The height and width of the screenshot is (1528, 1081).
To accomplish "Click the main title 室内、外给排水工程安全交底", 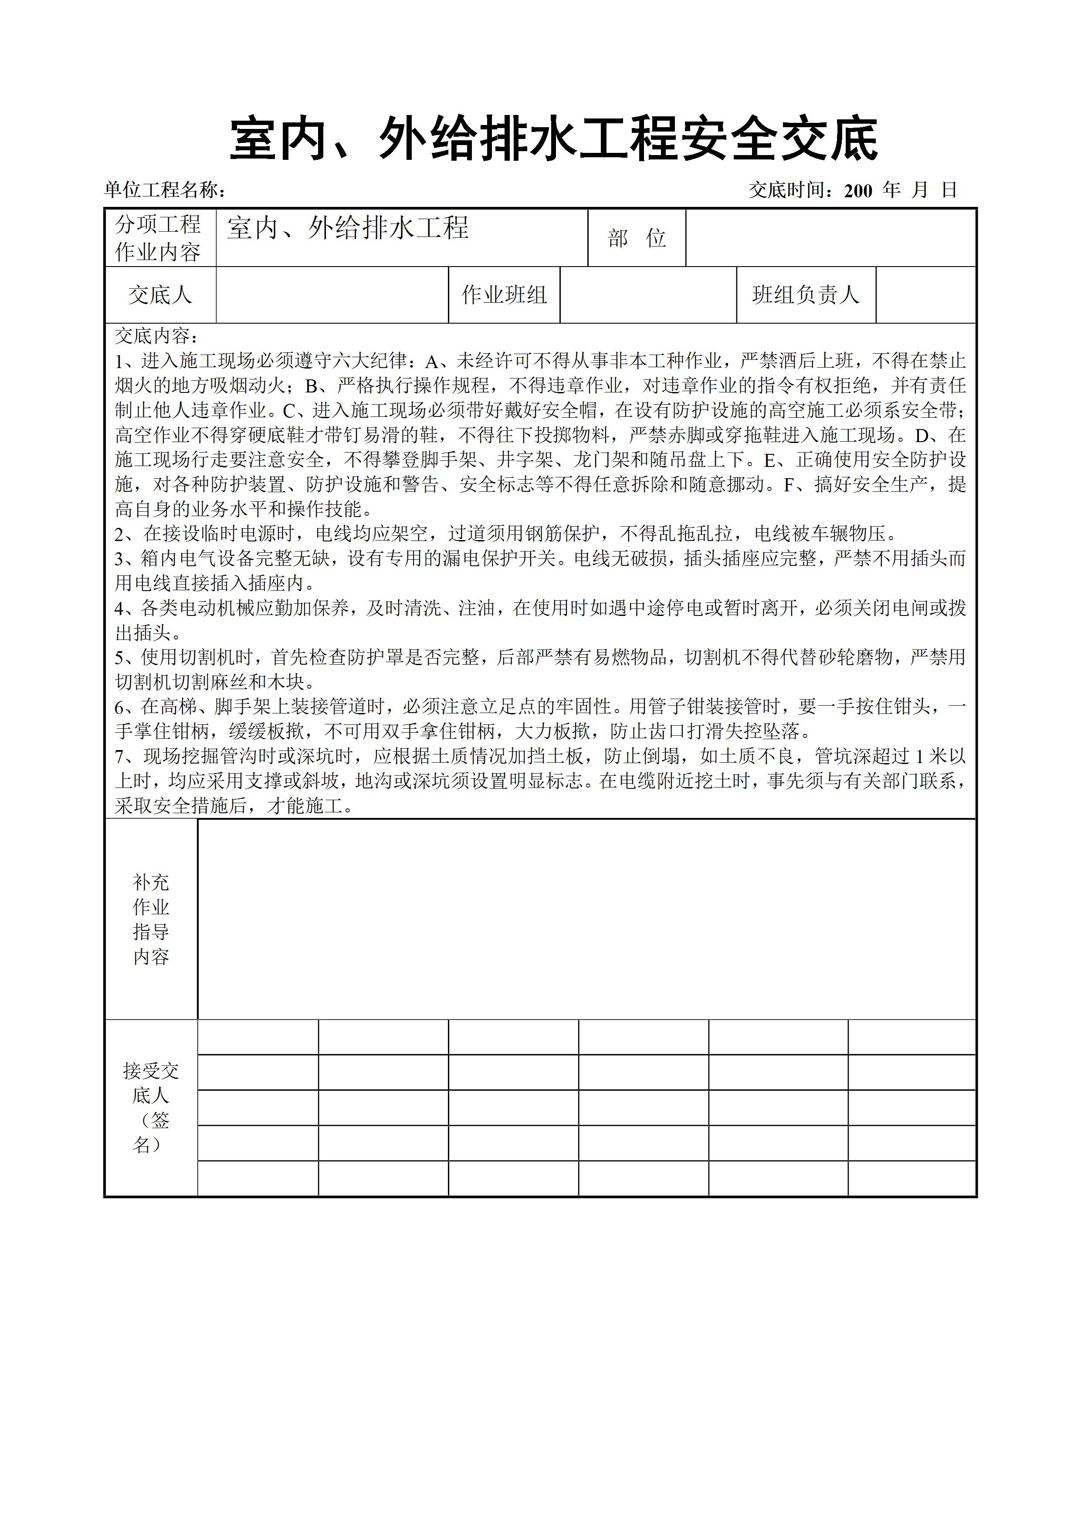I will (x=554, y=140).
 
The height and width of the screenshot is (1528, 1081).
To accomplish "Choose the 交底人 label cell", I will (x=160, y=295).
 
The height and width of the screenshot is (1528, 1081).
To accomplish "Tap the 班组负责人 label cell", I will (x=806, y=295).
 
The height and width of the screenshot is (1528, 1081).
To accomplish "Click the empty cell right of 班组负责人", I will (x=925, y=295).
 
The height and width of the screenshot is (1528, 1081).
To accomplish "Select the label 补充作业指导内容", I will (x=151, y=920).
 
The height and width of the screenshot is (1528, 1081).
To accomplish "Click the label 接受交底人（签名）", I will (x=151, y=1107).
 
